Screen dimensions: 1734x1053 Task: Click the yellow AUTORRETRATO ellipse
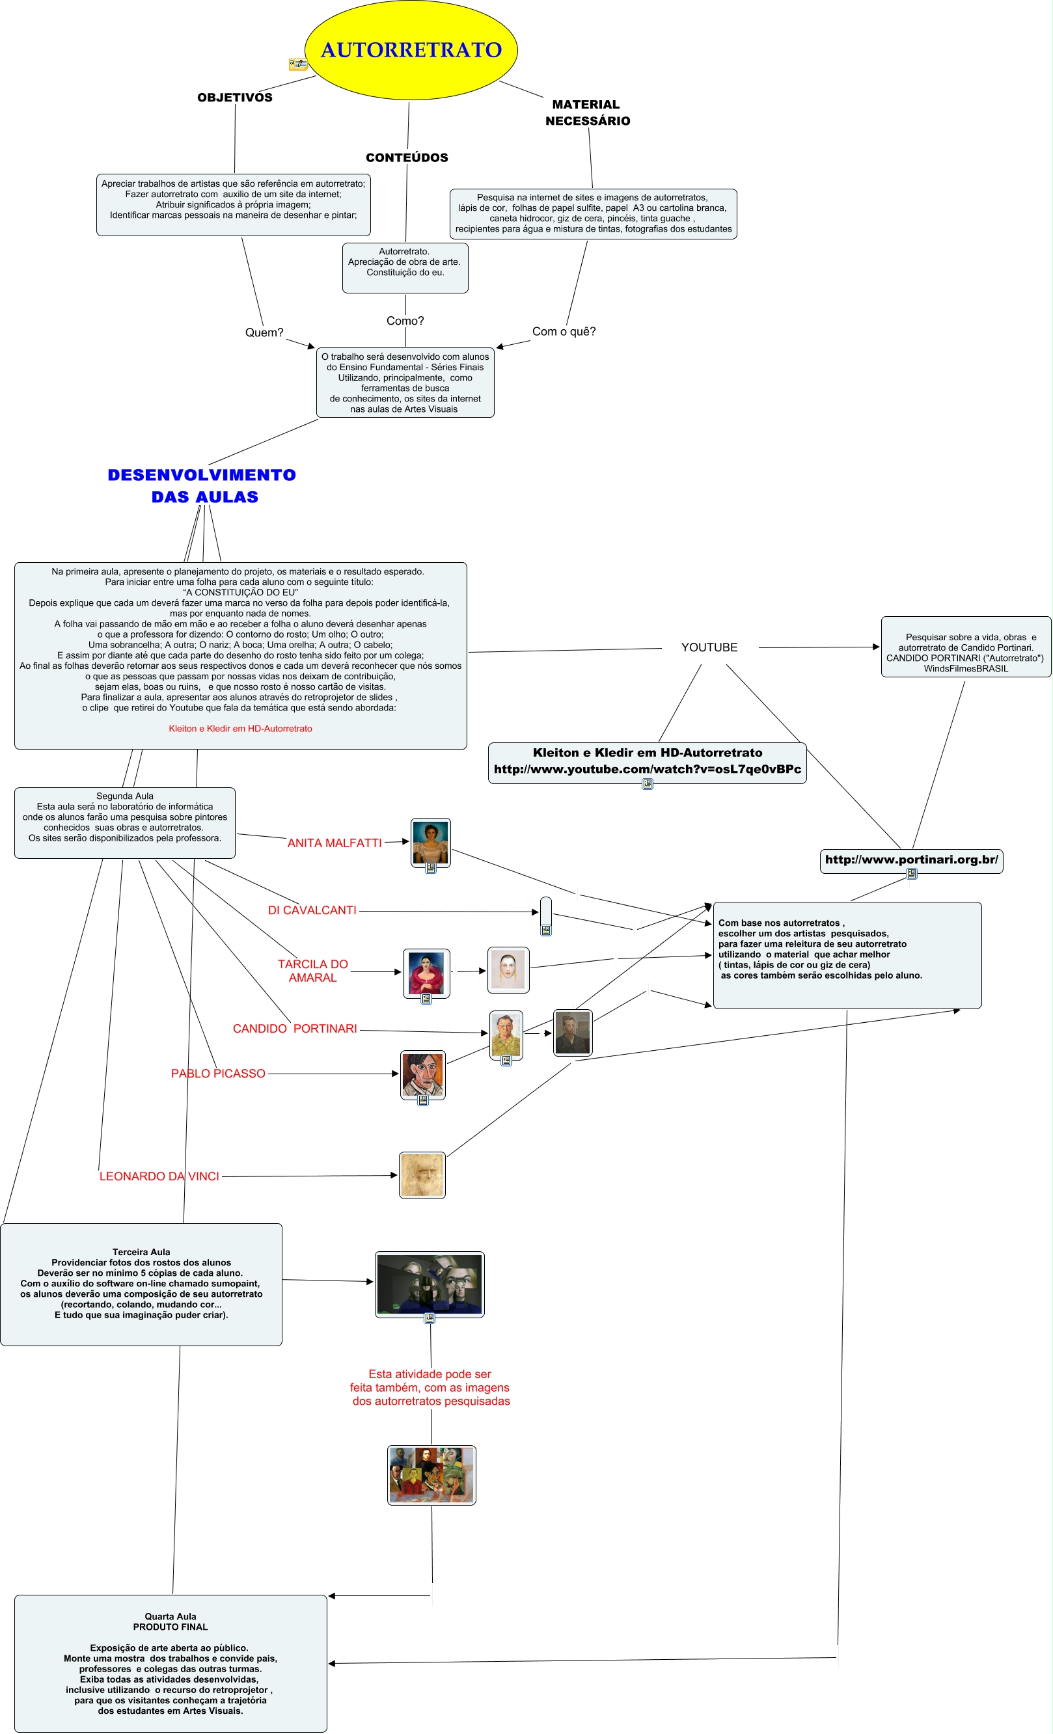tap(411, 50)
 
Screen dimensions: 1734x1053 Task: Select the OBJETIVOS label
tap(234, 97)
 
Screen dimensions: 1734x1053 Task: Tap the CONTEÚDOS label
tap(407, 157)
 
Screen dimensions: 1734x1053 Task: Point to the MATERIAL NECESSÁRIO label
tap(587, 113)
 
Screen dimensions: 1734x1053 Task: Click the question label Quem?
tap(264, 332)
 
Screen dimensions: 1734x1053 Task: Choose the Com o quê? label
tap(563, 331)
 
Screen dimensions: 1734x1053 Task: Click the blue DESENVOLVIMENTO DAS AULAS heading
tap(202, 485)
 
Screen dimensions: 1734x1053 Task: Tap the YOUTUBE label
tap(709, 647)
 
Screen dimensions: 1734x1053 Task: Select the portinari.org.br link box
tap(911, 860)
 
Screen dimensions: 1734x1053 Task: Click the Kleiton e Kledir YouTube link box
tap(647, 761)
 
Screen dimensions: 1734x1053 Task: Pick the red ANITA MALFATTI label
tap(335, 843)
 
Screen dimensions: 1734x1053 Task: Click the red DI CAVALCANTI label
tap(312, 910)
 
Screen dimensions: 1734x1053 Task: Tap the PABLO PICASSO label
tap(218, 1073)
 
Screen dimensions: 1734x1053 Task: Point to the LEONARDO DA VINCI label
tap(159, 1176)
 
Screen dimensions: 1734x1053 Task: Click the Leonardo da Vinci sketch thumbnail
tap(422, 1174)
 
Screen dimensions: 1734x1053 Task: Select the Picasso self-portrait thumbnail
tap(422, 1074)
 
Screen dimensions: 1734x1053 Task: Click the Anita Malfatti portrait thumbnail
tap(430, 842)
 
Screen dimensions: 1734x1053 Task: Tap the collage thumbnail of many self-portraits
tap(431, 1474)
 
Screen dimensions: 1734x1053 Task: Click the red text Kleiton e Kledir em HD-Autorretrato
tap(240, 728)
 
